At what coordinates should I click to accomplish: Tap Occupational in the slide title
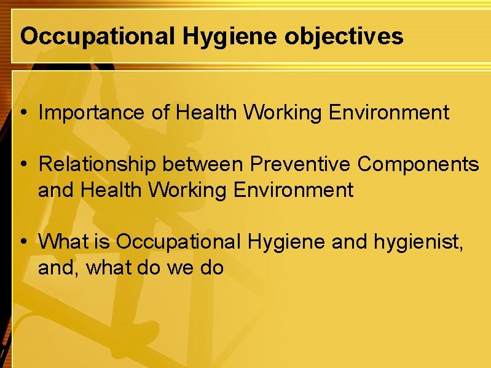(x=97, y=36)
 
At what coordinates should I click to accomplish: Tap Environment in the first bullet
(x=390, y=113)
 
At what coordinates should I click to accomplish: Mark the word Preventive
(x=302, y=164)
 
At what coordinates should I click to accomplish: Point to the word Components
(x=419, y=164)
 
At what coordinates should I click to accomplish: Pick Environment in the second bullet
(x=294, y=190)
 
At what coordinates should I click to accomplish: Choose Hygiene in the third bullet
(x=286, y=242)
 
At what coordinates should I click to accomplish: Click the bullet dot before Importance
(x=23, y=113)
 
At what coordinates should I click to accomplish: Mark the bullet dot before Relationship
(x=23, y=165)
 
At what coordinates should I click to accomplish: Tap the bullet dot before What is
(x=23, y=242)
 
